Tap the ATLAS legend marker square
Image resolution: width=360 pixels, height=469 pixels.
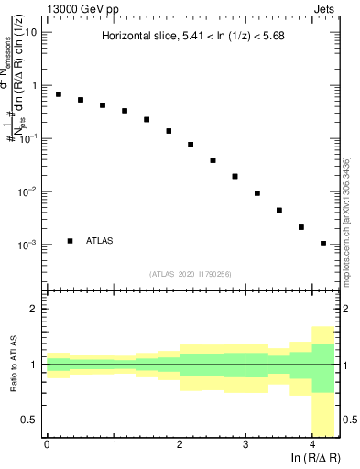(x=71, y=241)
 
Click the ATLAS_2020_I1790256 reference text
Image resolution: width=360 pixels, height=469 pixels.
(x=190, y=274)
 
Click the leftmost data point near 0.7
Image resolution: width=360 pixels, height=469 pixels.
(x=59, y=94)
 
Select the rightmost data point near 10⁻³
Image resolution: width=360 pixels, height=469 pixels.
(x=323, y=244)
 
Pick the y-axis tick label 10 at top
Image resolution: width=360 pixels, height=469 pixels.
(x=31, y=32)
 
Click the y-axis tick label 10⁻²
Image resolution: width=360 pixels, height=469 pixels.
(x=27, y=191)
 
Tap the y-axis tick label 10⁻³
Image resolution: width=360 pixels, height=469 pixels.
(x=27, y=245)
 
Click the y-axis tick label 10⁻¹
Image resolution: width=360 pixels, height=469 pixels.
(x=27, y=138)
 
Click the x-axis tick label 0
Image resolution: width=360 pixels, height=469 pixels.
(x=47, y=444)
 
